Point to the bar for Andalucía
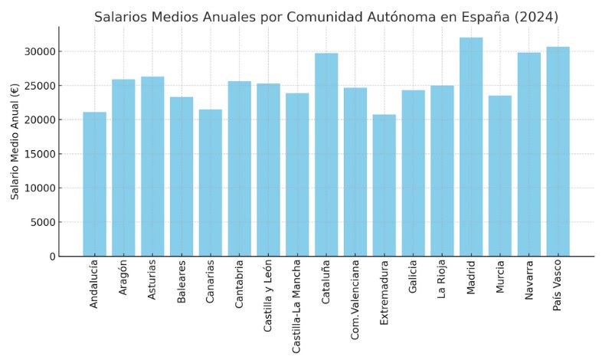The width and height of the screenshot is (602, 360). coord(95,184)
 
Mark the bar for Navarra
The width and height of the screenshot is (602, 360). coord(528,154)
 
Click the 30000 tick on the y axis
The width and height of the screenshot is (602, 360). coord(40,52)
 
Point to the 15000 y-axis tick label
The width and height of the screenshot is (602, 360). coord(40,154)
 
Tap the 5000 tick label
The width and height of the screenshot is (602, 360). coord(43,222)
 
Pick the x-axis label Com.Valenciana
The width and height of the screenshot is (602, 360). coord(355,303)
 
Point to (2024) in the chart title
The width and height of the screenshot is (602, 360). coord(538,17)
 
